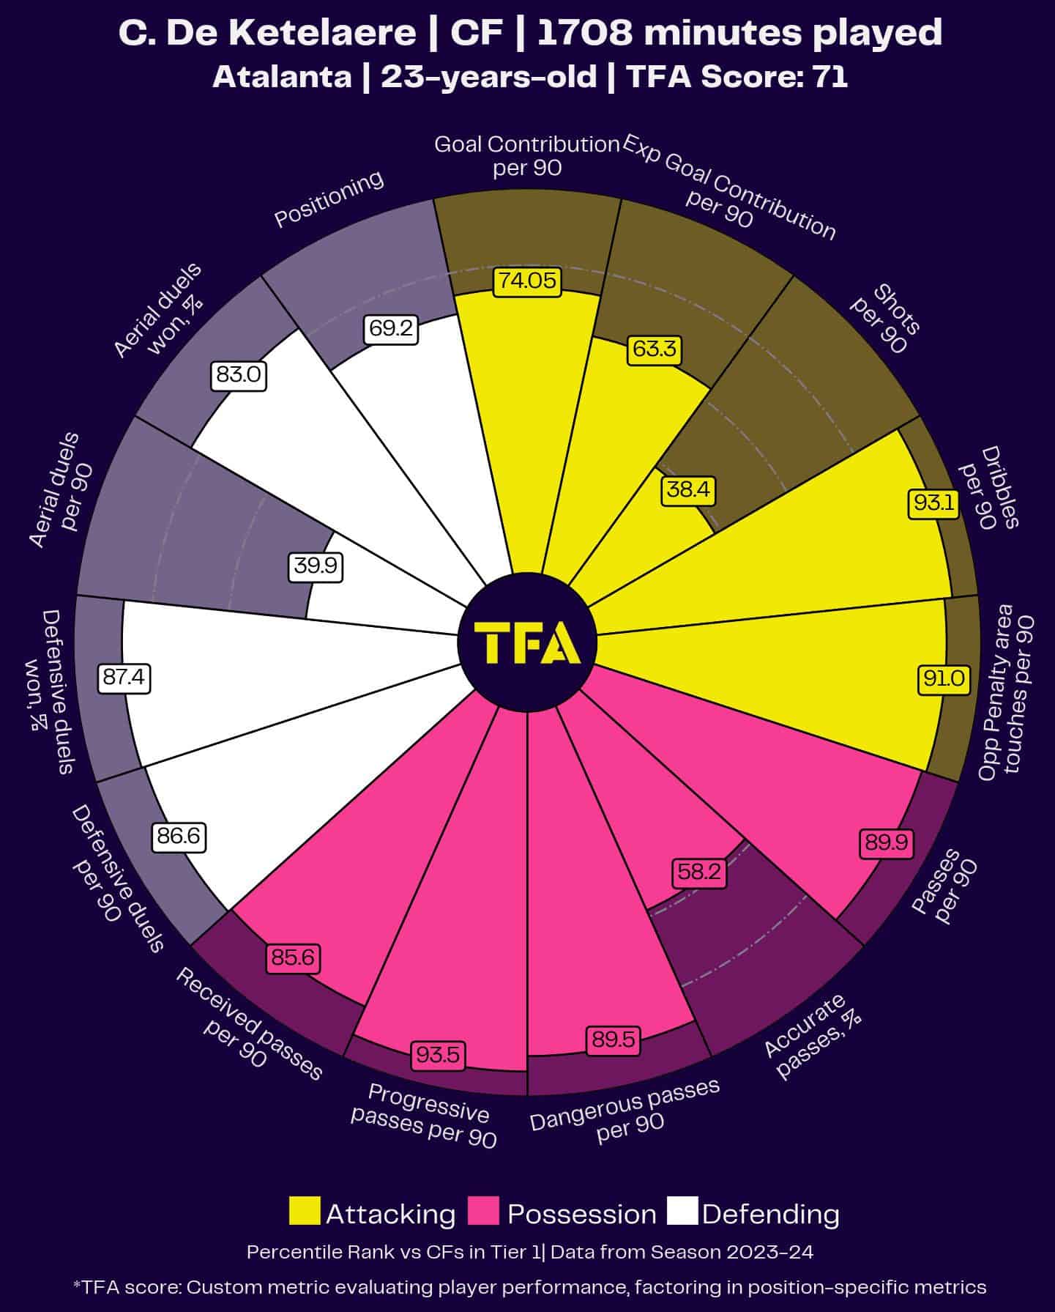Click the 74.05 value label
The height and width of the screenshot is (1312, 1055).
(x=527, y=281)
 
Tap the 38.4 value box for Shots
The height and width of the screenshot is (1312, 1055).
(x=687, y=489)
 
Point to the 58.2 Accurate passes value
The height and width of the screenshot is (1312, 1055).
(x=699, y=872)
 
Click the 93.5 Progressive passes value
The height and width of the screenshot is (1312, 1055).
(x=438, y=1055)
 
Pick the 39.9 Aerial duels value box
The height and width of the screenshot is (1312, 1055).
(x=316, y=566)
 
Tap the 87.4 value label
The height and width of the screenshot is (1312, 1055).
(x=124, y=678)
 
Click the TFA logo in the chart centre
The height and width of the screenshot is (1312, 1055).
(x=527, y=642)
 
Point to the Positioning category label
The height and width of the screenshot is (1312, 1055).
(x=329, y=199)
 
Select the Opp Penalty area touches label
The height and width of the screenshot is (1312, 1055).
(x=1007, y=693)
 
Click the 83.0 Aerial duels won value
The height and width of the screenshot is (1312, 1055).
(x=238, y=375)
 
